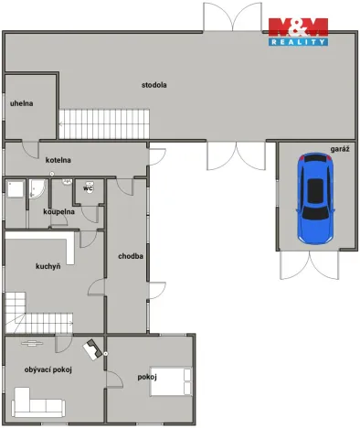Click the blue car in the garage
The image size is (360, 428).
[314, 197]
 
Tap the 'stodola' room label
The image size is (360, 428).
[154, 85]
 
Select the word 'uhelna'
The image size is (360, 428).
[22, 103]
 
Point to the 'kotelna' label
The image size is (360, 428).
[58, 160]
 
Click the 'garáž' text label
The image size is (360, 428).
[340, 148]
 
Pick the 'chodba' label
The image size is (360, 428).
[130, 256]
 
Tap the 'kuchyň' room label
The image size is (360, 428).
[48, 266]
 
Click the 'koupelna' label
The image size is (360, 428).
[58, 211]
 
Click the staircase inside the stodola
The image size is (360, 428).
[103, 123]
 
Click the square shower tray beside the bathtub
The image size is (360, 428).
[16, 189]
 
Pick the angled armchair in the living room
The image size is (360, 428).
[91, 348]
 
